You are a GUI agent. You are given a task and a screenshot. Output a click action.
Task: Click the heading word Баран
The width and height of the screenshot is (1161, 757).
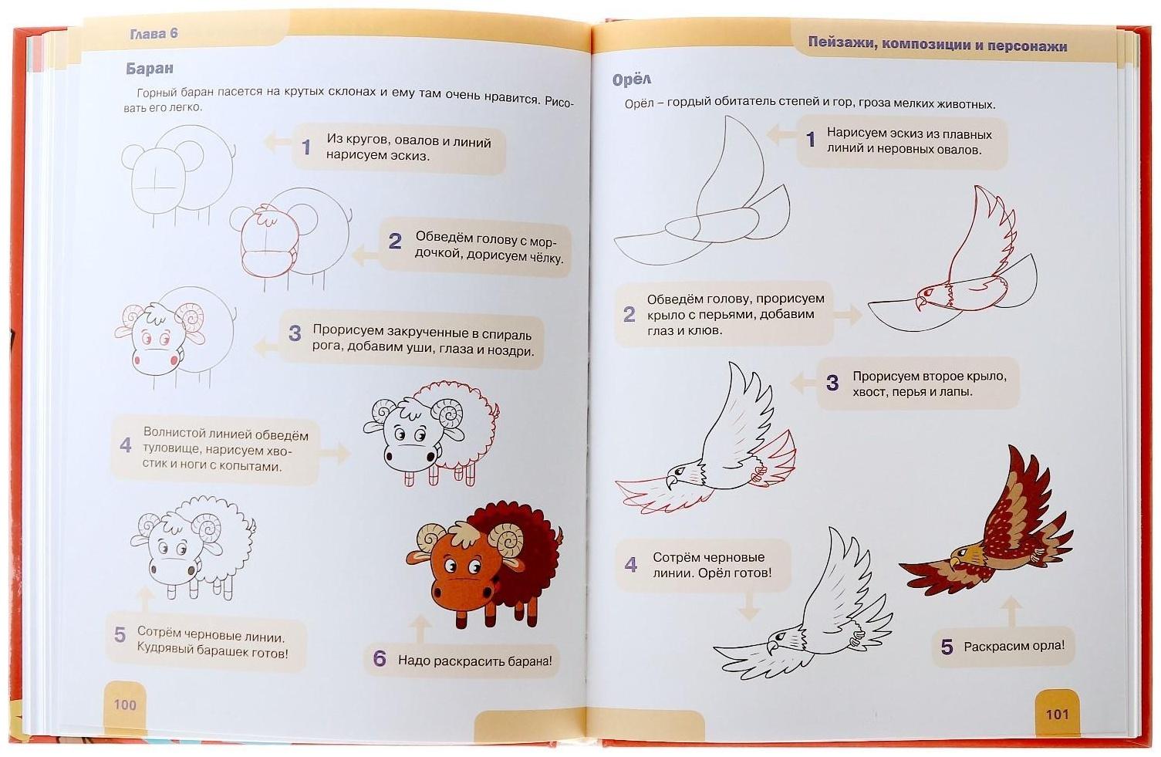coord(150,69)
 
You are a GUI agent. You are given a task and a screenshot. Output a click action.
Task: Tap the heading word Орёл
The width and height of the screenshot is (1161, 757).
coord(631,79)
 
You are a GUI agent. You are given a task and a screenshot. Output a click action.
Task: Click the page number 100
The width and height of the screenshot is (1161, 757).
coord(125,705)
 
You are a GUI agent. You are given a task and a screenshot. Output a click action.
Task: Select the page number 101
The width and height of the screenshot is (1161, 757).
coord(1058,715)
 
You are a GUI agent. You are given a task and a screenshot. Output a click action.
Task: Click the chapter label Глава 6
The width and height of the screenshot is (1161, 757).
coord(154,34)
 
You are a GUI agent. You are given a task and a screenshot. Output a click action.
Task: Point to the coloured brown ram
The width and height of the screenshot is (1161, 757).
coord(484,564)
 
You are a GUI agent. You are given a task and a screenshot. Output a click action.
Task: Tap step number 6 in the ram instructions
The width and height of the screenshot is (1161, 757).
coord(380,658)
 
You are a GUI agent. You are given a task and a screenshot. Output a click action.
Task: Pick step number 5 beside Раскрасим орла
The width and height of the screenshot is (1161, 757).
coord(947,647)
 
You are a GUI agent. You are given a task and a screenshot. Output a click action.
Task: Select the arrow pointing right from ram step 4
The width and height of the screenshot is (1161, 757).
coord(335,452)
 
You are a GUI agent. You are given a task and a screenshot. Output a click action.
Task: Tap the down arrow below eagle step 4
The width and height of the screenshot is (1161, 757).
coord(748,605)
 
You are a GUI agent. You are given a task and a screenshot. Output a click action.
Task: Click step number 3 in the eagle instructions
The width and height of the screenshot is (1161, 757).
coord(832,383)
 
